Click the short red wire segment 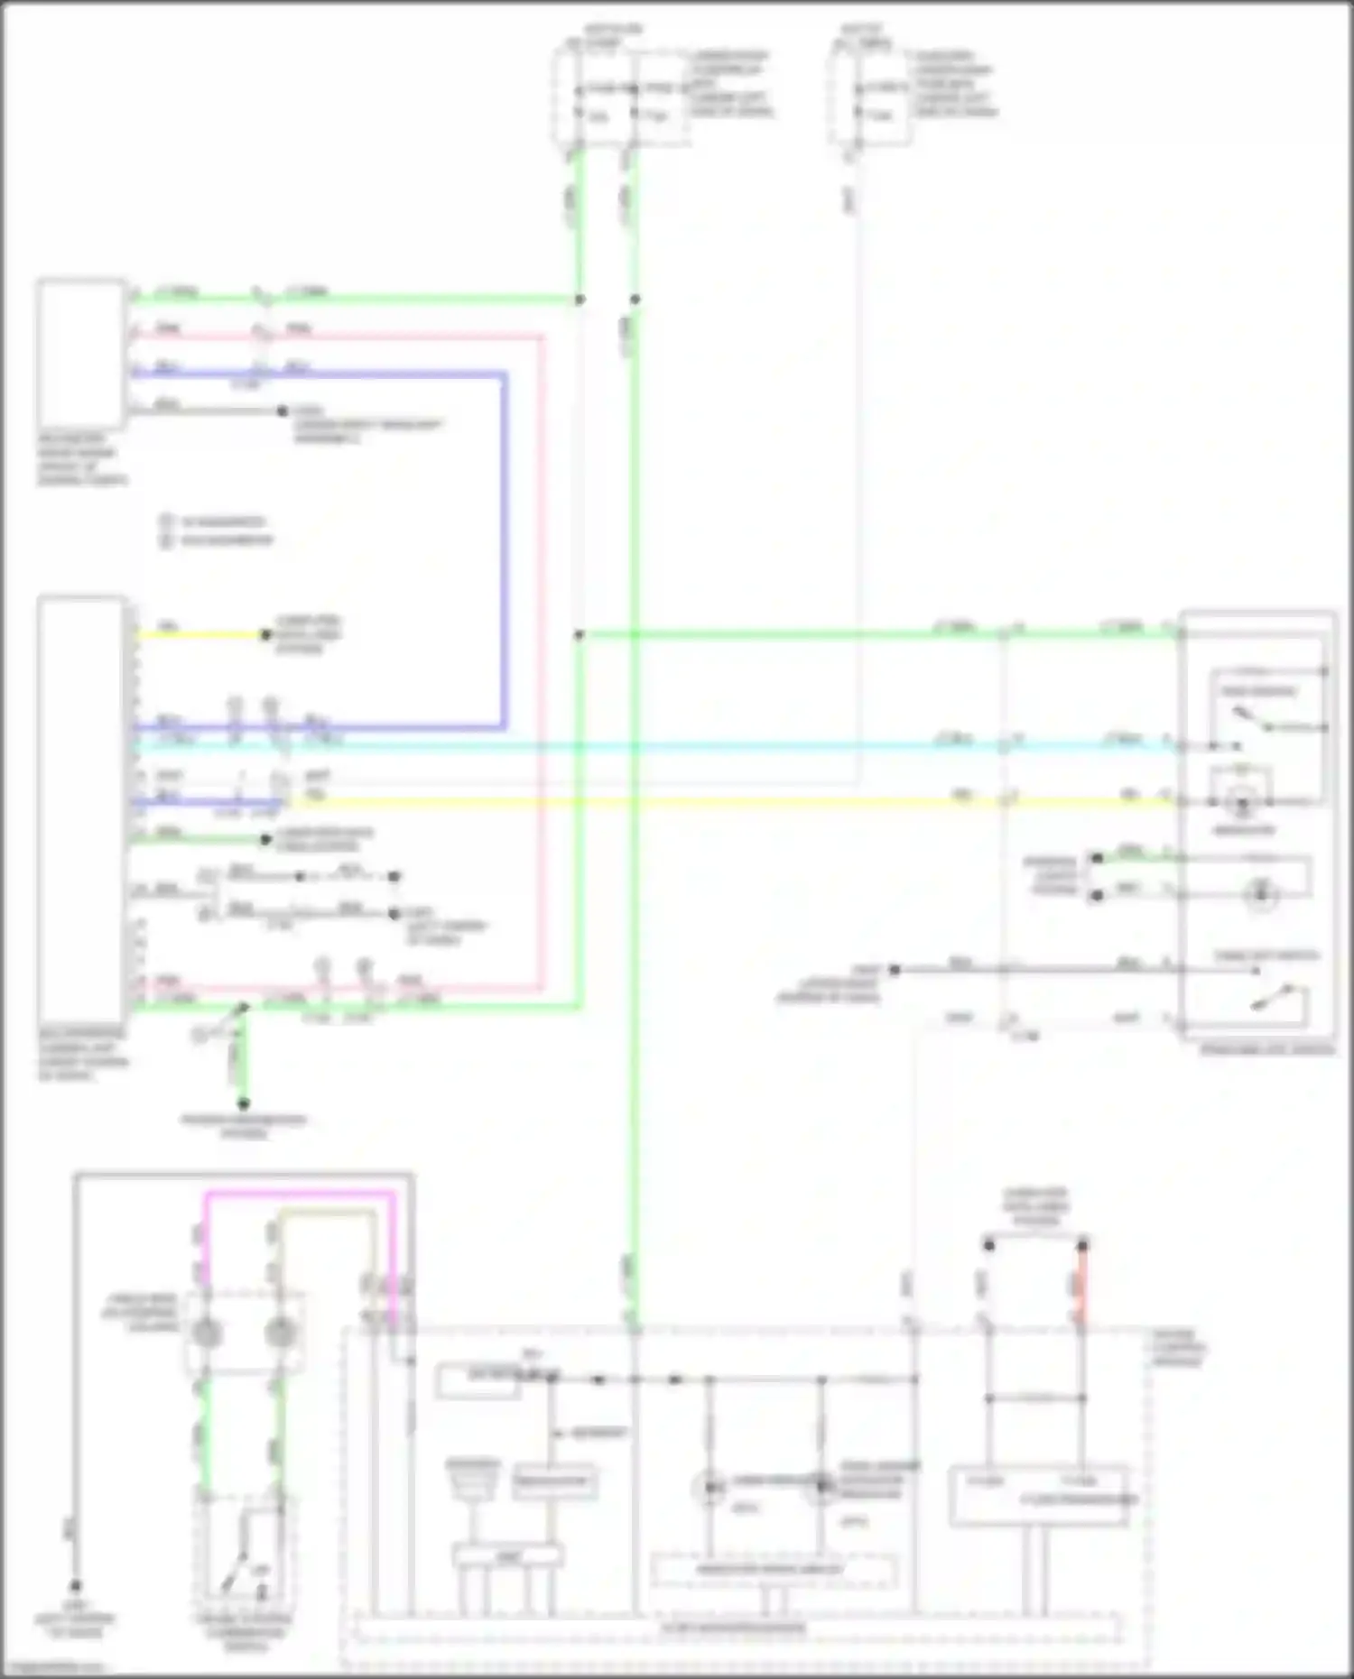click(1081, 1286)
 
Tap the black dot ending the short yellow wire click(265, 635)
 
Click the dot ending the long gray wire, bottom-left click(76, 1585)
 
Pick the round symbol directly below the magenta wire click(207, 1332)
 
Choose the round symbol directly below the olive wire click(279, 1332)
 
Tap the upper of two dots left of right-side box click(1097, 858)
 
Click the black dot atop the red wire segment click(1081, 1245)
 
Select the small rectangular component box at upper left click(81, 354)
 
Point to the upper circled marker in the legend click(166, 521)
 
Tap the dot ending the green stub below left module click(243, 1102)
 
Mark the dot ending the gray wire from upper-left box click(283, 411)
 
